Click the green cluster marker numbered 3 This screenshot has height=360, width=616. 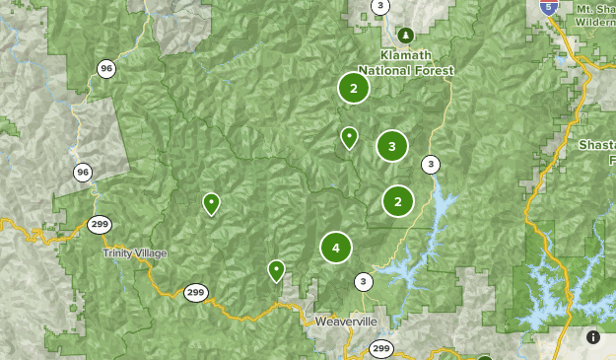click(x=392, y=147)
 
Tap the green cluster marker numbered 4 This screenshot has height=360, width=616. click(x=336, y=248)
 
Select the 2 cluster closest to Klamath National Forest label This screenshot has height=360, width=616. click(x=353, y=88)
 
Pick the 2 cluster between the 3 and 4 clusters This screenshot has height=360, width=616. click(x=398, y=201)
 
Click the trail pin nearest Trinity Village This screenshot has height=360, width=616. click(x=211, y=203)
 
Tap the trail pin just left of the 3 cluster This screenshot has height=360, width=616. click(x=349, y=137)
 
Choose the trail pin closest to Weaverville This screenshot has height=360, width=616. click(x=277, y=269)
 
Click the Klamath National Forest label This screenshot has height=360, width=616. click(x=406, y=64)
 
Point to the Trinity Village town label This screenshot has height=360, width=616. click(x=135, y=253)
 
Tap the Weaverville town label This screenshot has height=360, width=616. click(x=347, y=323)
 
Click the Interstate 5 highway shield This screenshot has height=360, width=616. click(x=550, y=6)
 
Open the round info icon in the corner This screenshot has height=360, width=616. click(x=593, y=337)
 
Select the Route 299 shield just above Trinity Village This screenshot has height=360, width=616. click(x=98, y=224)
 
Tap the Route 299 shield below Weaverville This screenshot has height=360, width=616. click(x=381, y=348)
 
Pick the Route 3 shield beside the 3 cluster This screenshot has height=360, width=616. click(x=431, y=164)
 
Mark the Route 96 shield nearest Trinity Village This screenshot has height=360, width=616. click(x=83, y=173)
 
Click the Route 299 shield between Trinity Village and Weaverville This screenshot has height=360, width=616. click(x=195, y=292)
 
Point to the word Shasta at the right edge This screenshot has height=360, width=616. click(x=596, y=145)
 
